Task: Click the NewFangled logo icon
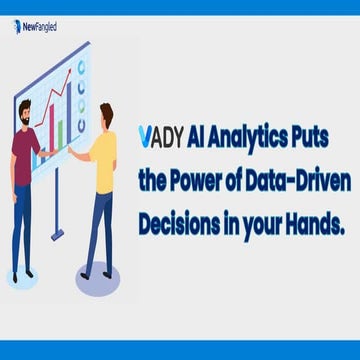(17, 27)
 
